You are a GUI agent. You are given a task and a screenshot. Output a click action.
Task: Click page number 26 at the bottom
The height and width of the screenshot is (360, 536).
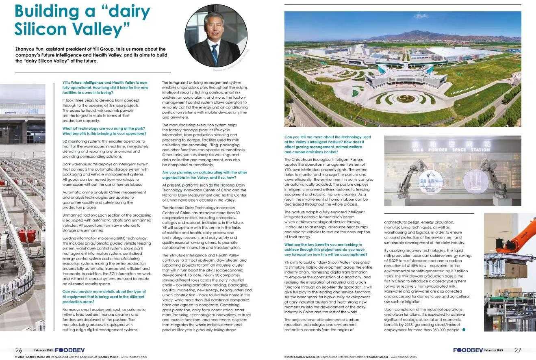[19, 350]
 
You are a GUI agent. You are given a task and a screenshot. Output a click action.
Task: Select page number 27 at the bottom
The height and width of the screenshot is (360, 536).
[517, 350]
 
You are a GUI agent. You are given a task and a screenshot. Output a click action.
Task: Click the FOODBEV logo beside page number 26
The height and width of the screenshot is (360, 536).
[67, 350]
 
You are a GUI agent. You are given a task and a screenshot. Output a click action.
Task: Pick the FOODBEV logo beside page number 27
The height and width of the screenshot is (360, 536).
[468, 350]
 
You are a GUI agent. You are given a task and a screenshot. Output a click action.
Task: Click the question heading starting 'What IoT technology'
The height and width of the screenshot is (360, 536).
[104, 131]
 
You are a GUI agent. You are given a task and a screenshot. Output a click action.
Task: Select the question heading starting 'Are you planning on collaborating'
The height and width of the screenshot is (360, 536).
[204, 175]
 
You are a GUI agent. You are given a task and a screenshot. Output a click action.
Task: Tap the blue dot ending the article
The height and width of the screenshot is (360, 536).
[464, 330]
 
